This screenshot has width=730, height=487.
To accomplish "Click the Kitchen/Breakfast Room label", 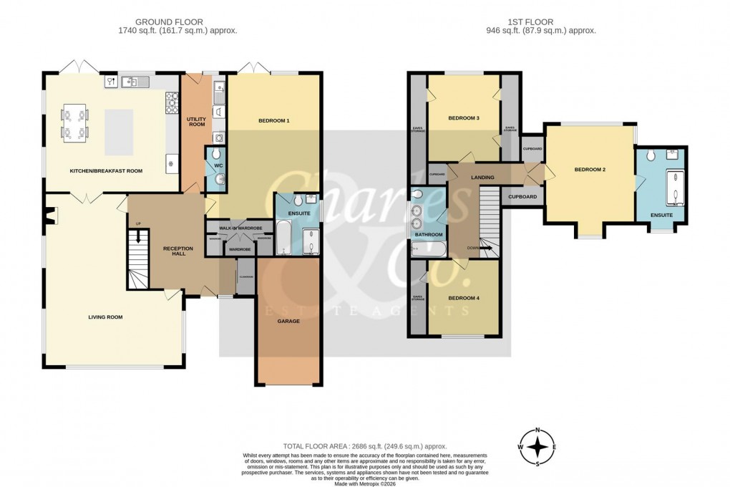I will coord(106,171).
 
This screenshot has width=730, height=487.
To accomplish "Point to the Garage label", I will coord(288,321).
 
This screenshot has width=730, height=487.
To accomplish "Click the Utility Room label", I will coord(195,122).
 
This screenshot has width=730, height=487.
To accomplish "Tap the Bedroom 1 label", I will coord(273,120).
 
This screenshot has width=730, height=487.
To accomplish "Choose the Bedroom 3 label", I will coord(463,118).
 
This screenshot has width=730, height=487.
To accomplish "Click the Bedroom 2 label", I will coord(590,170).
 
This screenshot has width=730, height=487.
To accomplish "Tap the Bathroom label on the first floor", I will coord(429,234).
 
